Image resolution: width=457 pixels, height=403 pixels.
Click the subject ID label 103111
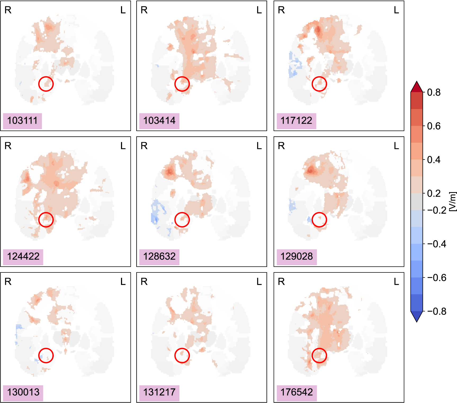22,121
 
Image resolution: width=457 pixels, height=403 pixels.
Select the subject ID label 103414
159,121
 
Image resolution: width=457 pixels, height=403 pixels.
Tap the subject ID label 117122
296,121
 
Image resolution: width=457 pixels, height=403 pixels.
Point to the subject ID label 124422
23,257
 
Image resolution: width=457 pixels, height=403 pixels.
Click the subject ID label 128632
159,257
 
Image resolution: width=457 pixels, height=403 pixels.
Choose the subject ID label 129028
297,257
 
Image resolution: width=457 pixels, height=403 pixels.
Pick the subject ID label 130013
23,392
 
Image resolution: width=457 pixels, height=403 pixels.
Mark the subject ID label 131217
159,392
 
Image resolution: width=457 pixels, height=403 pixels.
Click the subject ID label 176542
297,392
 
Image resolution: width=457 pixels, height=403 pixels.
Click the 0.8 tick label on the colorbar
434,92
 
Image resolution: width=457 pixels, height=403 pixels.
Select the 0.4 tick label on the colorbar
434,160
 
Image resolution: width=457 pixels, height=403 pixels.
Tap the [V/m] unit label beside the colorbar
453,201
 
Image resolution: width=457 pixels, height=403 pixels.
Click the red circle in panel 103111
46,84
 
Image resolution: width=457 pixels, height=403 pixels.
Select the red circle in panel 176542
319,356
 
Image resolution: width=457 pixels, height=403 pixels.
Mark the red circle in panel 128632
182,220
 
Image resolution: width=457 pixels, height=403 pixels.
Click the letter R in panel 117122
281,10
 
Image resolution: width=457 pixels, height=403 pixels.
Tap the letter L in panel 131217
259,282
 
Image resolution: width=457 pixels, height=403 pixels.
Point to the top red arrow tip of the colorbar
417,83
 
